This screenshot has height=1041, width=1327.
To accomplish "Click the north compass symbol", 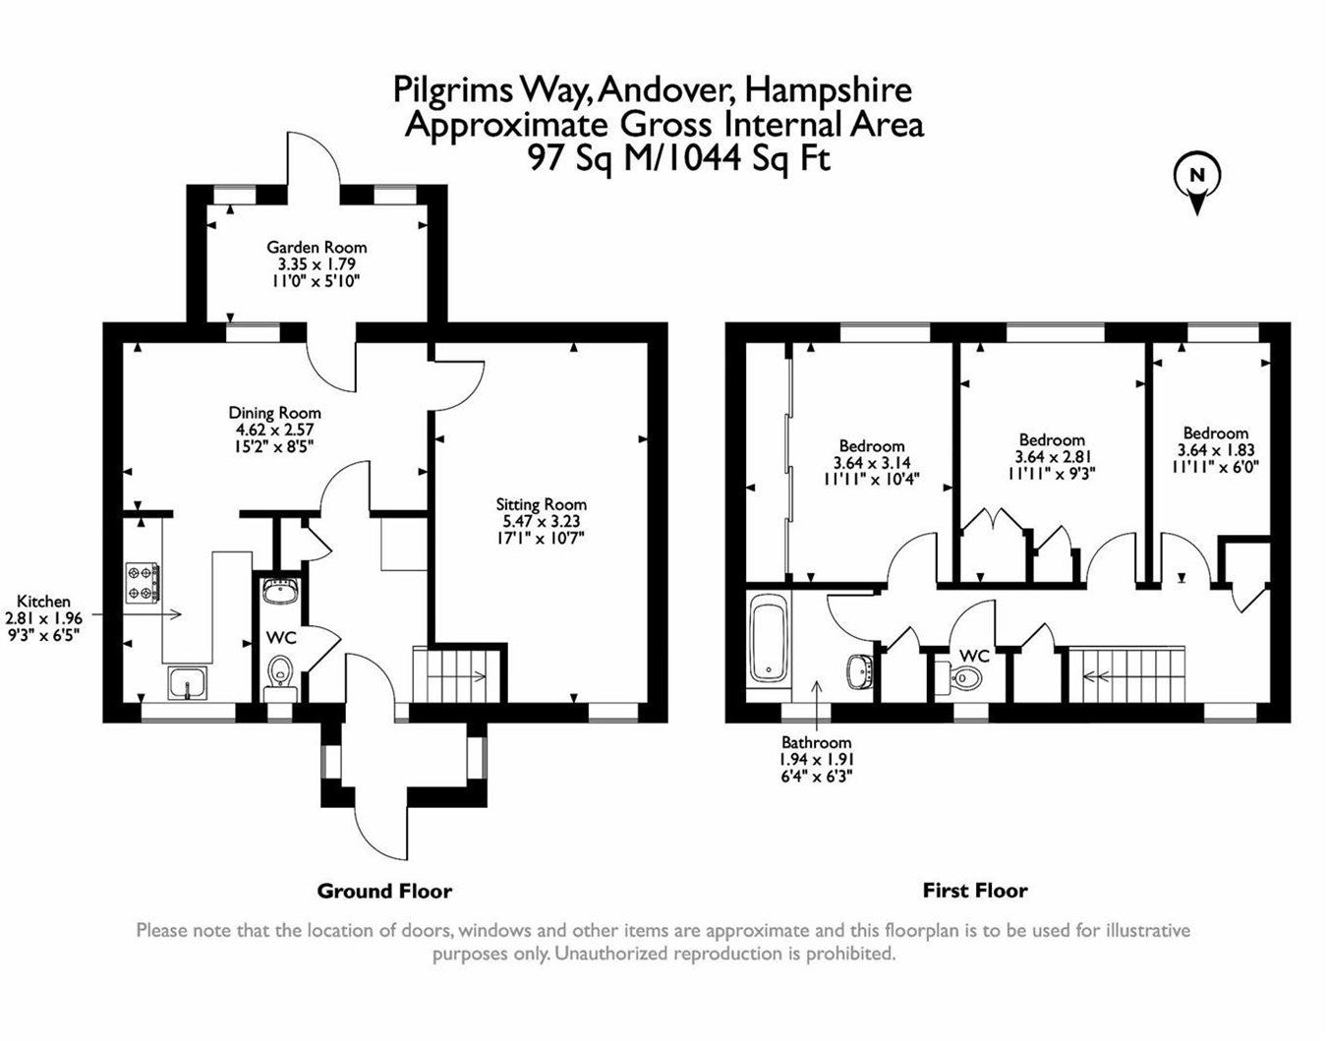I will [x=1196, y=182].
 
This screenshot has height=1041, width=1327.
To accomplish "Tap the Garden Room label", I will [x=317, y=248].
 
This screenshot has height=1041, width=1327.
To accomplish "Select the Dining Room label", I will [x=274, y=413].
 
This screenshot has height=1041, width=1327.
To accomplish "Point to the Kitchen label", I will [x=44, y=602].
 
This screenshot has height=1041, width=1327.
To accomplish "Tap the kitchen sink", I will [x=187, y=681].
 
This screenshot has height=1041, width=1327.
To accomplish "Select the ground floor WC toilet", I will [x=281, y=674].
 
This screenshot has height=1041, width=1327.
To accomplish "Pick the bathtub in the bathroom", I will [x=767, y=642].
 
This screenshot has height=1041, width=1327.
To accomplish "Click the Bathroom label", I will [x=816, y=742].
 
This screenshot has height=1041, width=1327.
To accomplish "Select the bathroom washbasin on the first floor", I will [x=858, y=671].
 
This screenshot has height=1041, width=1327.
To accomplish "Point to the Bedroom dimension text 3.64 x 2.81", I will [x=1052, y=456].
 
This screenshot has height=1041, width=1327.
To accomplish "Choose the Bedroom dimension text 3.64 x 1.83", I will [x=1215, y=450].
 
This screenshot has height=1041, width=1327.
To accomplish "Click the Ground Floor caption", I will [x=383, y=892].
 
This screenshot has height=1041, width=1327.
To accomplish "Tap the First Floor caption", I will [x=974, y=891].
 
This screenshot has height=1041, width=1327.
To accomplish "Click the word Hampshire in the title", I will [x=828, y=90].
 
